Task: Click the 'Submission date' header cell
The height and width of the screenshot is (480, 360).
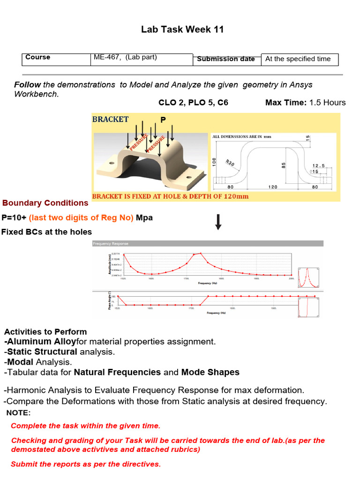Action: pyautogui.click(x=226, y=59)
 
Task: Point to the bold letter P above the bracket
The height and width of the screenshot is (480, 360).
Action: pyautogui.click(x=163, y=120)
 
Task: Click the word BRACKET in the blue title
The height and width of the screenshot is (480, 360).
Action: pyautogui.click(x=111, y=119)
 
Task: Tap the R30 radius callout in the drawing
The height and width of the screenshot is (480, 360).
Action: pyautogui.click(x=230, y=163)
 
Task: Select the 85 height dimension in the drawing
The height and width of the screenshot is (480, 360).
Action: pyautogui.click(x=283, y=166)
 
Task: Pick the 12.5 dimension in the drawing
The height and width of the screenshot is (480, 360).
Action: pyautogui.click(x=319, y=165)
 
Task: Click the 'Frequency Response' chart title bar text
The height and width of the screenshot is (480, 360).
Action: pyautogui.click(x=111, y=244)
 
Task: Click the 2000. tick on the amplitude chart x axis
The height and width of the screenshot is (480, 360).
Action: pyautogui.click(x=291, y=278)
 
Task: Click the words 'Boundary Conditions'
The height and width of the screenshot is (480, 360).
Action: pyautogui.click(x=45, y=203)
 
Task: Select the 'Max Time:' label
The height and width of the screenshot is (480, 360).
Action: pyautogui.click(x=286, y=103)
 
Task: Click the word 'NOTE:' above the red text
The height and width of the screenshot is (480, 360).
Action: pyautogui.click(x=18, y=413)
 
